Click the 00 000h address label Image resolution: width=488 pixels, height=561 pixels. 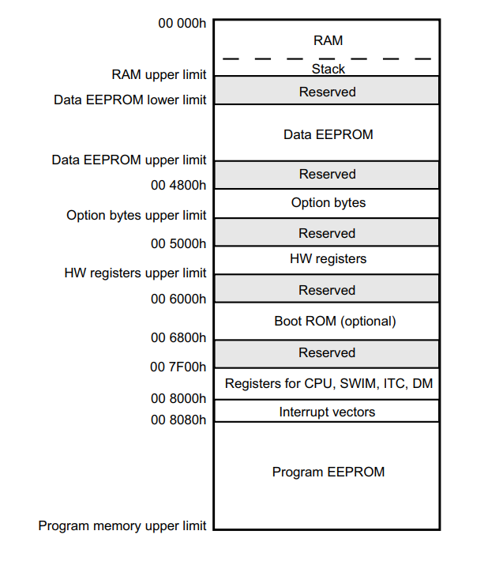[x=182, y=23]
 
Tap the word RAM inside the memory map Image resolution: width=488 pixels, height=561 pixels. [x=328, y=40]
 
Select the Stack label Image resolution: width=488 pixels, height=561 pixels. [x=328, y=69]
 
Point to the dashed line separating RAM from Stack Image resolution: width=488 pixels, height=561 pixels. [x=327, y=58]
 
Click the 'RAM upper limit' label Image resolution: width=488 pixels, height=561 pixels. [x=159, y=75]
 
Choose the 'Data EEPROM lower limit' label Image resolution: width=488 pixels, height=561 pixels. [x=130, y=100]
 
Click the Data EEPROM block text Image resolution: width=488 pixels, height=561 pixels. [x=328, y=134]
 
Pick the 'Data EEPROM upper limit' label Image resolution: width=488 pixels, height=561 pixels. [x=130, y=160]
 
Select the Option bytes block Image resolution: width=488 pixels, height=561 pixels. [x=328, y=203]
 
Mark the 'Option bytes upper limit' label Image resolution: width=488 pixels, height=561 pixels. [x=137, y=215]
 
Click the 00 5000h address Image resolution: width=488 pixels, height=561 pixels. [x=178, y=243]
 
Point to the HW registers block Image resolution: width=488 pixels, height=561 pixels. [x=328, y=258]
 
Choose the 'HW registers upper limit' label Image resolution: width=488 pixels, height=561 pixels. [x=135, y=273]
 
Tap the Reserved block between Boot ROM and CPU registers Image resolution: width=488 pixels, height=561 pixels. [x=327, y=352]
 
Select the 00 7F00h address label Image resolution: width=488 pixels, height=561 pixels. [x=178, y=367]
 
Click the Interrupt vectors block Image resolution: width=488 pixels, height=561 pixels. [x=327, y=412]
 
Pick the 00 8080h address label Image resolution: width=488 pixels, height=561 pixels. [x=178, y=420]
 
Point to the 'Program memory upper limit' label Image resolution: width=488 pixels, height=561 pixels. [x=122, y=525]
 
